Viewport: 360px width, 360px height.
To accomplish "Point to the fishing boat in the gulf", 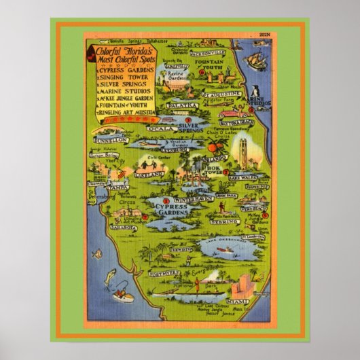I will pos(123,294).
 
